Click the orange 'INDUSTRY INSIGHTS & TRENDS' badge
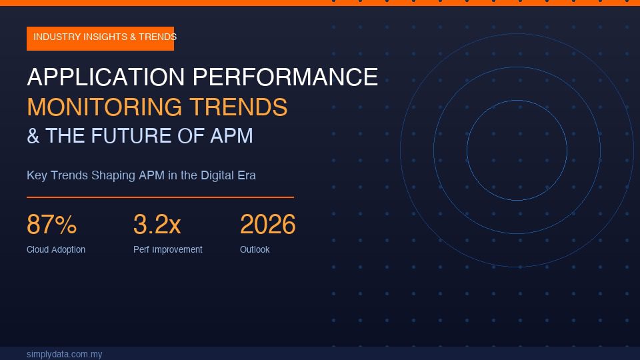point(100,38)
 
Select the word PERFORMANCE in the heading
point(285,77)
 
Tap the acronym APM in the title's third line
point(231,136)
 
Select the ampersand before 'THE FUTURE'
point(33,136)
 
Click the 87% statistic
point(51,225)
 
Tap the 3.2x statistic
point(157,225)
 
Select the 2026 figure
point(267,225)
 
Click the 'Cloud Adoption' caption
point(56,250)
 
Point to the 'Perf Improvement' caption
point(167,250)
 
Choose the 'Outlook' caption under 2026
point(255,250)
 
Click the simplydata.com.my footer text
point(64,354)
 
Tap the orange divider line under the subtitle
point(160,197)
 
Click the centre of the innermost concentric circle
point(517,151)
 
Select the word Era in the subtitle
point(247,175)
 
